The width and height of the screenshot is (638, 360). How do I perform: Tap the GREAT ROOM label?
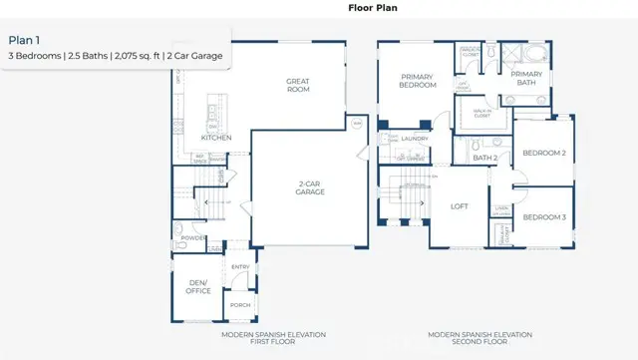coord(297,85)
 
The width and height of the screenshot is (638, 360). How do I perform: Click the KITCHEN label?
coord(216,138)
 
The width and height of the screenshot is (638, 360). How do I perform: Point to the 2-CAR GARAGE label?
coord(306,187)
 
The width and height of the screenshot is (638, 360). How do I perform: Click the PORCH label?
coord(239,305)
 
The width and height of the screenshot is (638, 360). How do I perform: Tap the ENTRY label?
coord(240,266)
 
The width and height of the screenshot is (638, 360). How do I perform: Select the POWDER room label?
coord(194,238)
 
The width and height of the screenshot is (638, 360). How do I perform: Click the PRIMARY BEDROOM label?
coord(419,81)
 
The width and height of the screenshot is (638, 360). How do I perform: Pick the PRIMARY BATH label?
coord(525,79)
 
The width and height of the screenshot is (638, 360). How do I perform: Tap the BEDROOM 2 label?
coord(544,154)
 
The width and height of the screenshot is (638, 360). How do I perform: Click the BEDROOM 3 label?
coord(544,217)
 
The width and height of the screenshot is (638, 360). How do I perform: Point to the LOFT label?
coord(458,206)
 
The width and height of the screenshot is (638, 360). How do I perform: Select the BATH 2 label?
coord(485,158)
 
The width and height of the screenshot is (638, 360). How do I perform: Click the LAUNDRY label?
coord(416,141)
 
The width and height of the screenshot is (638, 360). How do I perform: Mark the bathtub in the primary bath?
coord(534,53)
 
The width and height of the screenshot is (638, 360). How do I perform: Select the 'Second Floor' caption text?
coord(479,341)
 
